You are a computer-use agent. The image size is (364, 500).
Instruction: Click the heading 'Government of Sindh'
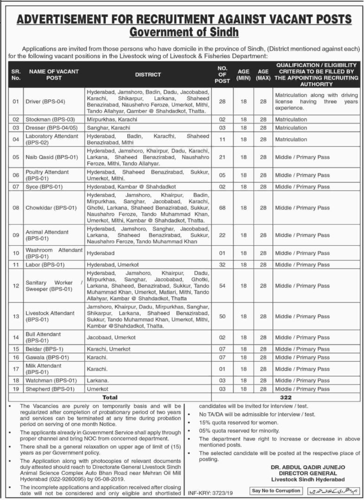[184, 32]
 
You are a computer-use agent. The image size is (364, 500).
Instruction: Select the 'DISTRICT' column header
[148, 74]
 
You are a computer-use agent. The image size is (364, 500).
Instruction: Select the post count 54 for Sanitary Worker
[222, 286]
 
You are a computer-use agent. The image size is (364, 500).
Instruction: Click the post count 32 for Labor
[222, 264]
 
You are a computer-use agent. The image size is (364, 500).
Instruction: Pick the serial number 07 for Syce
[16, 186]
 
